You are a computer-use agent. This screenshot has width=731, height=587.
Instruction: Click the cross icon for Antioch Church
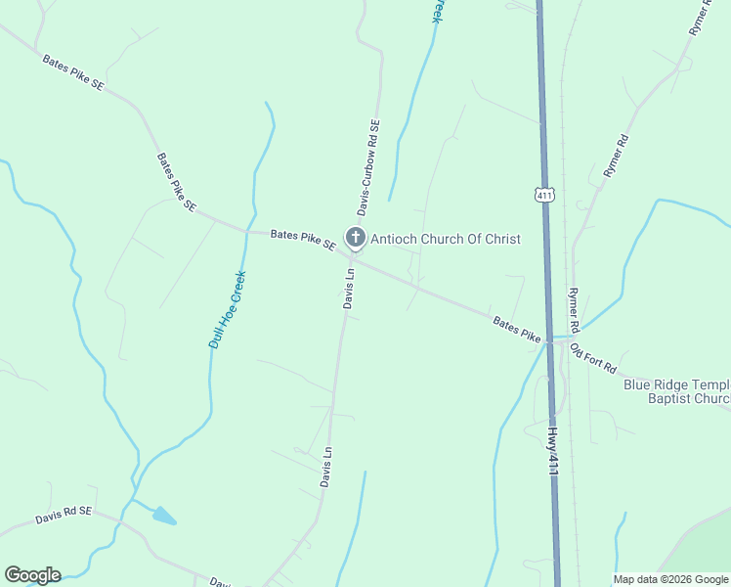pos(355,238)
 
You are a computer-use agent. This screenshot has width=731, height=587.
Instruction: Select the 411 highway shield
pos(545,195)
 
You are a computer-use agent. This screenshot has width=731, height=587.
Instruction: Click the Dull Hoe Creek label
pos(228,309)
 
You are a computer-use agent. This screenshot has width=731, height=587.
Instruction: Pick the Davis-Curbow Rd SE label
pos(367,167)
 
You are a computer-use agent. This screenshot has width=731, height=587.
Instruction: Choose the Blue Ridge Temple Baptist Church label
pos(676,391)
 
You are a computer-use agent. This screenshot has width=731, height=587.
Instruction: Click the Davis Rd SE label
pos(64,515)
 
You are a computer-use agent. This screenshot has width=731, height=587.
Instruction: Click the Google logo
pos(32,575)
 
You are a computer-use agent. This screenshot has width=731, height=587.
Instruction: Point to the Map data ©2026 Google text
pos(670,579)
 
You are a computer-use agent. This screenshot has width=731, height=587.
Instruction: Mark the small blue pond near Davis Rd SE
pos(164,516)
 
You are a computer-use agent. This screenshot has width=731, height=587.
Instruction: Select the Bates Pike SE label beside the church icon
pos(303,239)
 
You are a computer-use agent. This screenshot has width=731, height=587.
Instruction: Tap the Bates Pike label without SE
pos(517,329)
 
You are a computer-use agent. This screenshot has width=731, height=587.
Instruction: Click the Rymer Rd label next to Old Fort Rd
pos(575,309)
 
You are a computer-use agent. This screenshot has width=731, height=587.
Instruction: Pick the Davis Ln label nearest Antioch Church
pos(348,290)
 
